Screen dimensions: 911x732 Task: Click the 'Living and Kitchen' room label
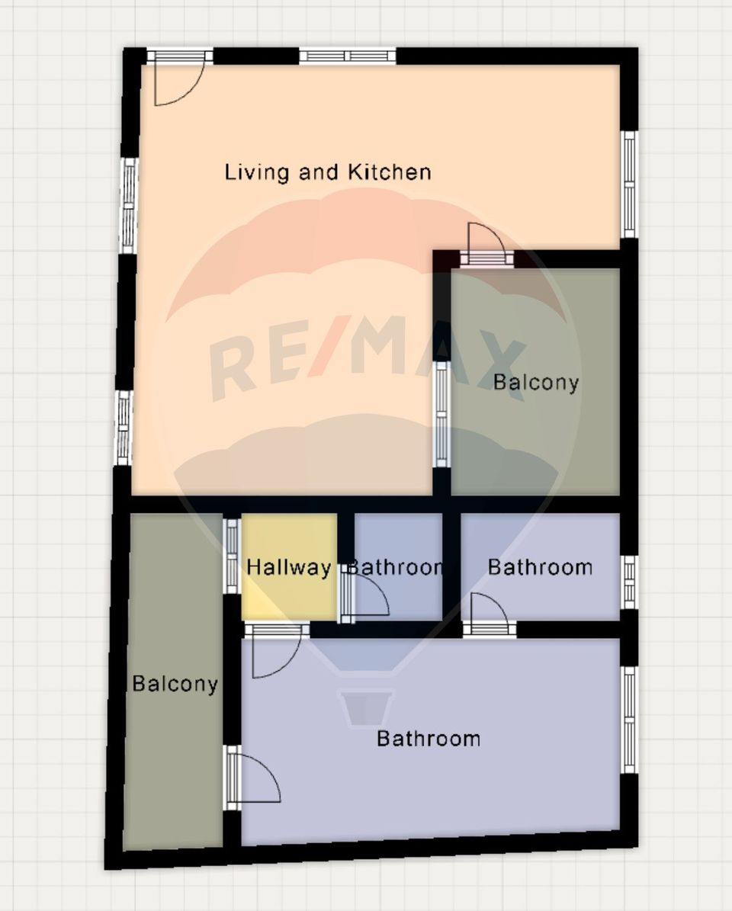pos(328,172)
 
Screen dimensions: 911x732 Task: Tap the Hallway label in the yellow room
pos(288,568)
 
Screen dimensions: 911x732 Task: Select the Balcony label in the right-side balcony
pos(536,382)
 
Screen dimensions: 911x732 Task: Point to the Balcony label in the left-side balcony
pos(175,684)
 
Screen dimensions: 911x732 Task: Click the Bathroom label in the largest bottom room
pos(429,738)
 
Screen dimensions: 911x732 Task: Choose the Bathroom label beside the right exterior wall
pos(540,567)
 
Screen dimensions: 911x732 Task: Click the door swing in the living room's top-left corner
pos(178,79)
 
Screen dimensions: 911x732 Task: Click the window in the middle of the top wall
pos(348,56)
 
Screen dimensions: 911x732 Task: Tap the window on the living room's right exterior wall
pos(628,184)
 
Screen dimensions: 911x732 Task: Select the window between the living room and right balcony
pos(441,414)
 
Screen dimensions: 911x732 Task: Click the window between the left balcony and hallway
pos(232,555)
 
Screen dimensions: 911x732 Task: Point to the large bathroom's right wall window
pos(628,720)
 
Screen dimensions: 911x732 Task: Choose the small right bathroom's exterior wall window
pos(628,582)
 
